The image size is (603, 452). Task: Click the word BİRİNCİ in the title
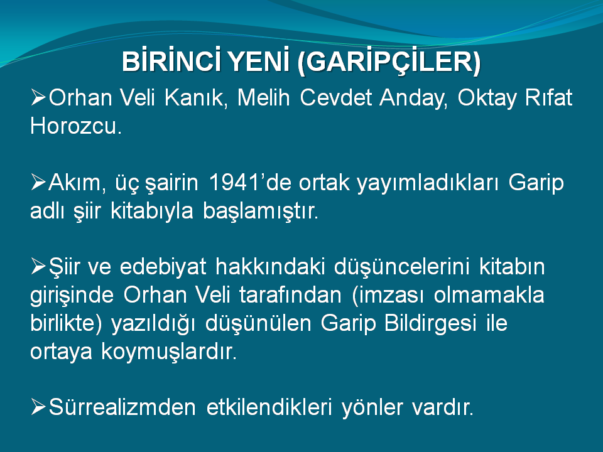pyautogui.click(x=171, y=61)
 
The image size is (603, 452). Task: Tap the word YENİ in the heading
pyautogui.click(x=258, y=61)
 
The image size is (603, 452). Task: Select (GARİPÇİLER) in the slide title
pyautogui.click(x=389, y=62)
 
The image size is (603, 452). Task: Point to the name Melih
pyautogui.click(x=263, y=98)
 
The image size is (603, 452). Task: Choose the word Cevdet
pyautogui.click(x=335, y=98)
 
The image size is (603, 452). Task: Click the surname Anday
pyautogui.click(x=413, y=99)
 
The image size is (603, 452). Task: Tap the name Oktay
pyautogui.click(x=486, y=99)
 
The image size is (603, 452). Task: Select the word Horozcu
pyautogui.click(x=76, y=126)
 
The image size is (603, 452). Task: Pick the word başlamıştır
pyautogui.click(x=260, y=211)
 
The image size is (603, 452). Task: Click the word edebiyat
pyautogui.click(x=163, y=267)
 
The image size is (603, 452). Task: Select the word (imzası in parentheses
pyautogui.click(x=388, y=296)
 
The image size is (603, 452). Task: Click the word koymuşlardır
pyautogui.click(x=169, y=352)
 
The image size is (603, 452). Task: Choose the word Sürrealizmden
pyautogui.click(x=122, y=407)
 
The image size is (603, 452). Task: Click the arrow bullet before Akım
pyautogui.click(x=38, y=182)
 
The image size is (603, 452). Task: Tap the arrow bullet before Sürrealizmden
pyautogui.click(x=38, y=407)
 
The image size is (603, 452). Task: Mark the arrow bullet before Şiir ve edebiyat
pyautogui.click(x=38, y=266)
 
